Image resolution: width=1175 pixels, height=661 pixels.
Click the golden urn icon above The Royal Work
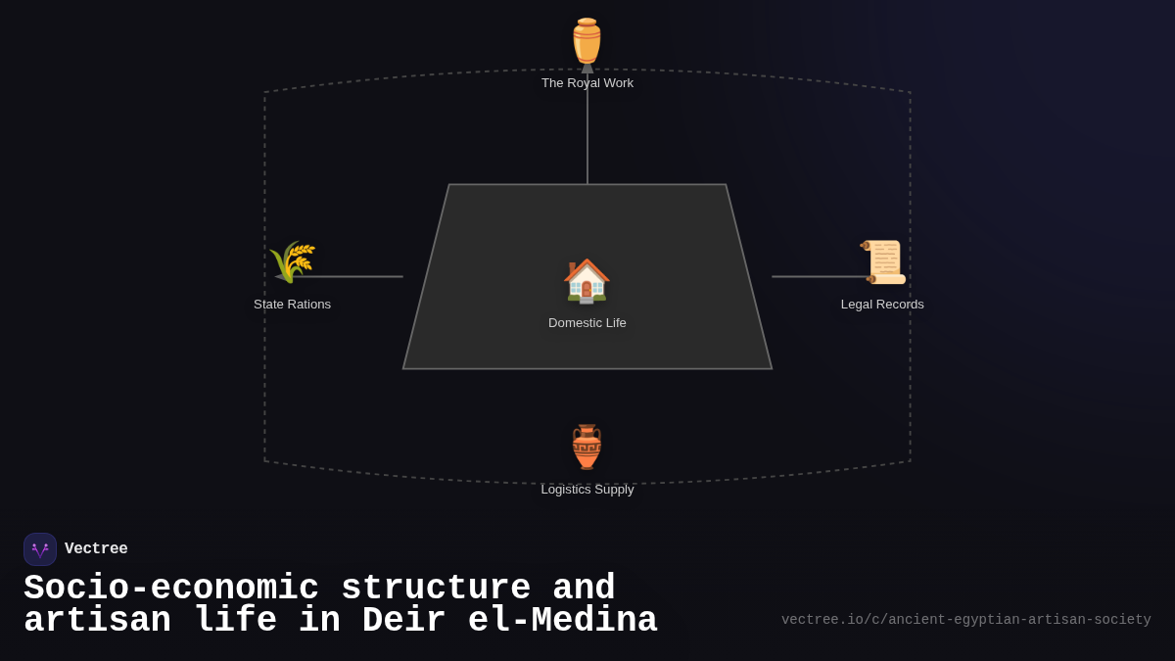coord(587,41)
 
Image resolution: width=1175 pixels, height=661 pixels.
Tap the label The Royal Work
coord(587,83)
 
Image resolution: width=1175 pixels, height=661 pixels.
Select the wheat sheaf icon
coord(292,261)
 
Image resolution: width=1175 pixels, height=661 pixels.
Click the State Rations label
coord(292,305)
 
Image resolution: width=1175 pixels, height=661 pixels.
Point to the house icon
coord(587,281)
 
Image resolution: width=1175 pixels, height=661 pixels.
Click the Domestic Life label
coord(587,322)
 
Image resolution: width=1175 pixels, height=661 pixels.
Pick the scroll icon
coord(883,261)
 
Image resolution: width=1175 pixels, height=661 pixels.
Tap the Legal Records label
coord(882,305)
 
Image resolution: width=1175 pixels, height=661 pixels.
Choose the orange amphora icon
coord(587,447)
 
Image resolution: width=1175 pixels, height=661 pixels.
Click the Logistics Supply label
coord(587,490)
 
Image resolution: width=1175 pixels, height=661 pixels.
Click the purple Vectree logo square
coord(40,549)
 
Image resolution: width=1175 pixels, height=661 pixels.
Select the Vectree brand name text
coord(96,548)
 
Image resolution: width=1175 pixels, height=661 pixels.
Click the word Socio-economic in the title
coord(171,587)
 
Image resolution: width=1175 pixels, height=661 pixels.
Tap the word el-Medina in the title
coord(562,620)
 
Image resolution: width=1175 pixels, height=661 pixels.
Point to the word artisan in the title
coord(98,620)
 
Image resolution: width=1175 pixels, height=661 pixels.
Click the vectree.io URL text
coord(966,620)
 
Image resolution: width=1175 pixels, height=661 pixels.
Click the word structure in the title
coord(436,587)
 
